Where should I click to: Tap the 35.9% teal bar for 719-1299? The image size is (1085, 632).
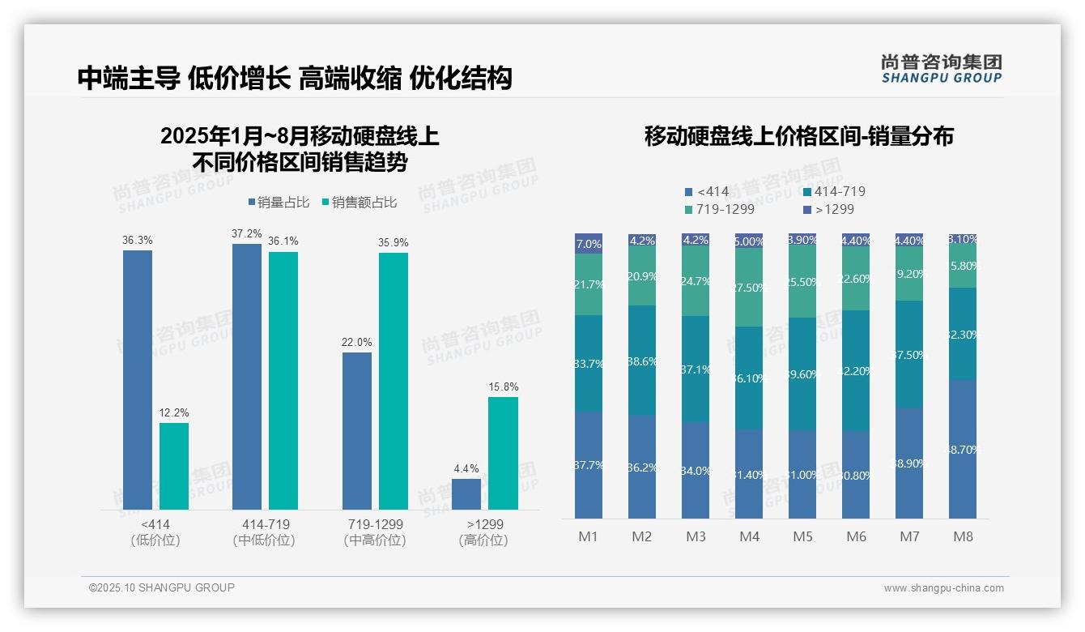393,381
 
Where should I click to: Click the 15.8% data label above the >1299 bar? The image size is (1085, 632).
503,387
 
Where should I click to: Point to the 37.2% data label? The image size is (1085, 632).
246,233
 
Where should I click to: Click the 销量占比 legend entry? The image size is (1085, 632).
279,203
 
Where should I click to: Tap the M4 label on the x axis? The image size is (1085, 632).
749,537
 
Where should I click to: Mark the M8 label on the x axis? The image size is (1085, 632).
963,537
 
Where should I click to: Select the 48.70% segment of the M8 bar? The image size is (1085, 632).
963,449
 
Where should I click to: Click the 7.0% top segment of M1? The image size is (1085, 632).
589,244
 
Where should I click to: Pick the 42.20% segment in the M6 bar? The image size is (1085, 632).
856,370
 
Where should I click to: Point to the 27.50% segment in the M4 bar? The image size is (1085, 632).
749,288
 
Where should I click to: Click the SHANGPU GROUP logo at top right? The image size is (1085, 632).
941,69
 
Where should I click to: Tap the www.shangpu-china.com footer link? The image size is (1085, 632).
943,588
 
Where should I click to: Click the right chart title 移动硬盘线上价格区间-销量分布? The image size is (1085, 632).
798,136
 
